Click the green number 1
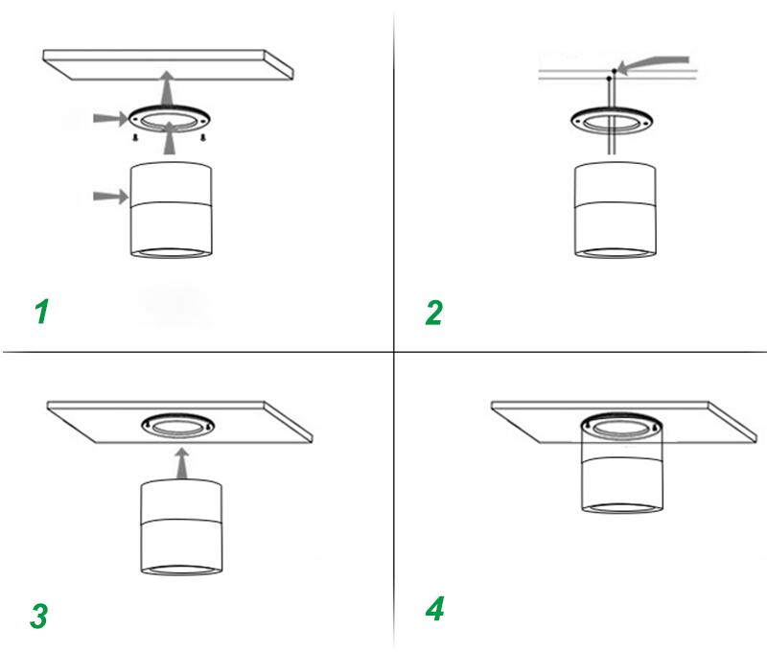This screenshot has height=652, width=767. coord(41,312)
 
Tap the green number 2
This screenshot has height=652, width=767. coord(434,313)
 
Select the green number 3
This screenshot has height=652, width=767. coord(38,616)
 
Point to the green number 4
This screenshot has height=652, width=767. coord(434,609)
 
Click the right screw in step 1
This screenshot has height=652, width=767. coord(203,138)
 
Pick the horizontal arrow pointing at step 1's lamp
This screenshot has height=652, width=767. coord(108,197)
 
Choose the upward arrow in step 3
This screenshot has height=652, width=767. coord(179,463)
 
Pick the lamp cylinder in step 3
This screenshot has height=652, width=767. coord(181,527)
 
